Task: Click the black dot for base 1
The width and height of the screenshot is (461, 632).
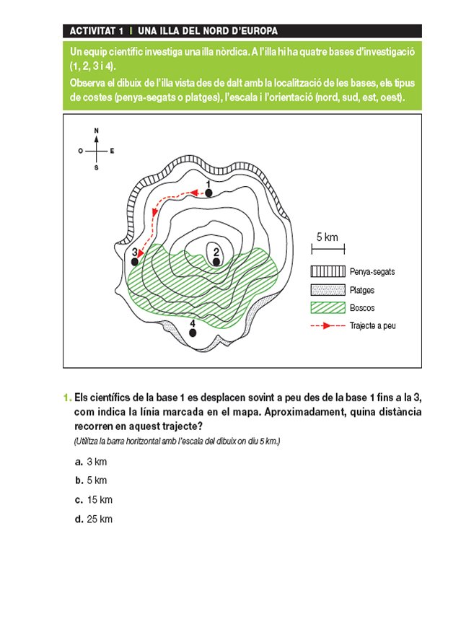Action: tap(208, 193)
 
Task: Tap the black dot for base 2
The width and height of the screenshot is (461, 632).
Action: tap(216, 262)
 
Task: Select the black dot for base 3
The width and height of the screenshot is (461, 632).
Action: tap(135, 261)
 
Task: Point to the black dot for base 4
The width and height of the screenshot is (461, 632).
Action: tap(193, 333)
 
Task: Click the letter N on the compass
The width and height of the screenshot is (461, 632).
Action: tap(97, 131)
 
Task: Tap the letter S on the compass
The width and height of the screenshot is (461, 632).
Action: tap(96, 167)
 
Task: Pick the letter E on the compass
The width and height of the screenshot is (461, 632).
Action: tap(113, 151)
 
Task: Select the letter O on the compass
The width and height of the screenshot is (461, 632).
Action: tap(80, 151)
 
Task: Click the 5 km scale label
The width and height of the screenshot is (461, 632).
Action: tap(327, 237)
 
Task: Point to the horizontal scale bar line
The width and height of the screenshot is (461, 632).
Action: tap(327, 250)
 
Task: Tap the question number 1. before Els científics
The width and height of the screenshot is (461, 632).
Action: tap(67, 398)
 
